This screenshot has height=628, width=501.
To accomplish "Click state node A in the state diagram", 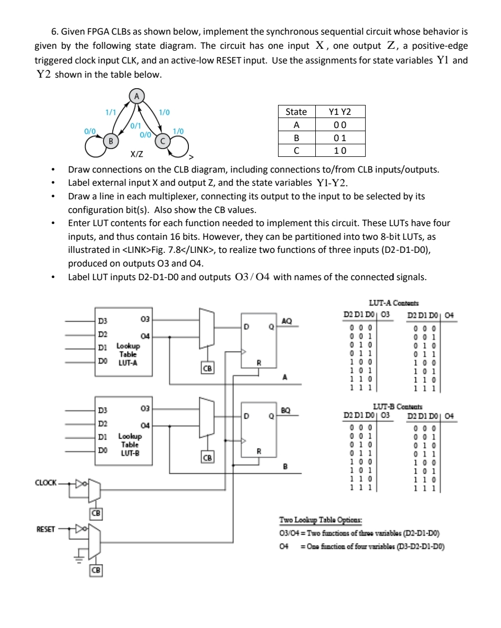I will (x=137, y=96).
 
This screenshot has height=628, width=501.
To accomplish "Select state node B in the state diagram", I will (x=110, y=140).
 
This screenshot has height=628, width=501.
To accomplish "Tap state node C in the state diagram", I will (x=164, y=140).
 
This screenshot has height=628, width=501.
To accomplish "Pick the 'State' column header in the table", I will (x=296, y=112).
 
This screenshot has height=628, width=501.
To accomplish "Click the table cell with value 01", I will (x=339, y=138).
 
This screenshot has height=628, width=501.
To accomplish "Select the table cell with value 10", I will (x=339, y=151).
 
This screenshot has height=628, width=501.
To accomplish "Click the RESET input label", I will (x=46, y=529).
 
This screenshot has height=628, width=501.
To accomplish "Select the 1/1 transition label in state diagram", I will (x=111, y=112).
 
